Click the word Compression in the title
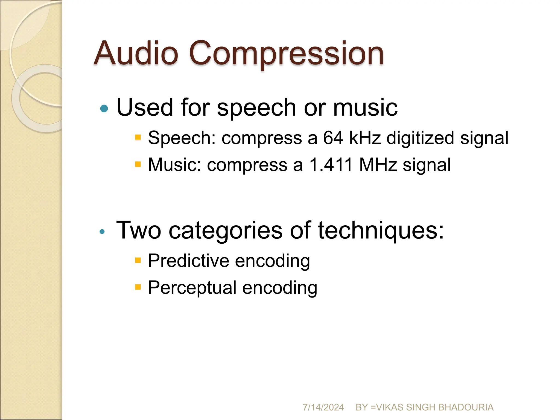[x=286, y=54]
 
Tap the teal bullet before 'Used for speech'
[x=104, y=109]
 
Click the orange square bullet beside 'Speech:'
[x=138, y=137]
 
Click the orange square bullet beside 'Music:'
[x=138, y=164]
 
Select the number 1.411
[x=331, y=165]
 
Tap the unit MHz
[x=378, y=165]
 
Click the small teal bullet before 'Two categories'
[x=102, y=232]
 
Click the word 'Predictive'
[x=188, y=261]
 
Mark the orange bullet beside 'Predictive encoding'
[x=138, y=260]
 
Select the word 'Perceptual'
[x=192, y=288]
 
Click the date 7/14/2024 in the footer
[x=323, y=407]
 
